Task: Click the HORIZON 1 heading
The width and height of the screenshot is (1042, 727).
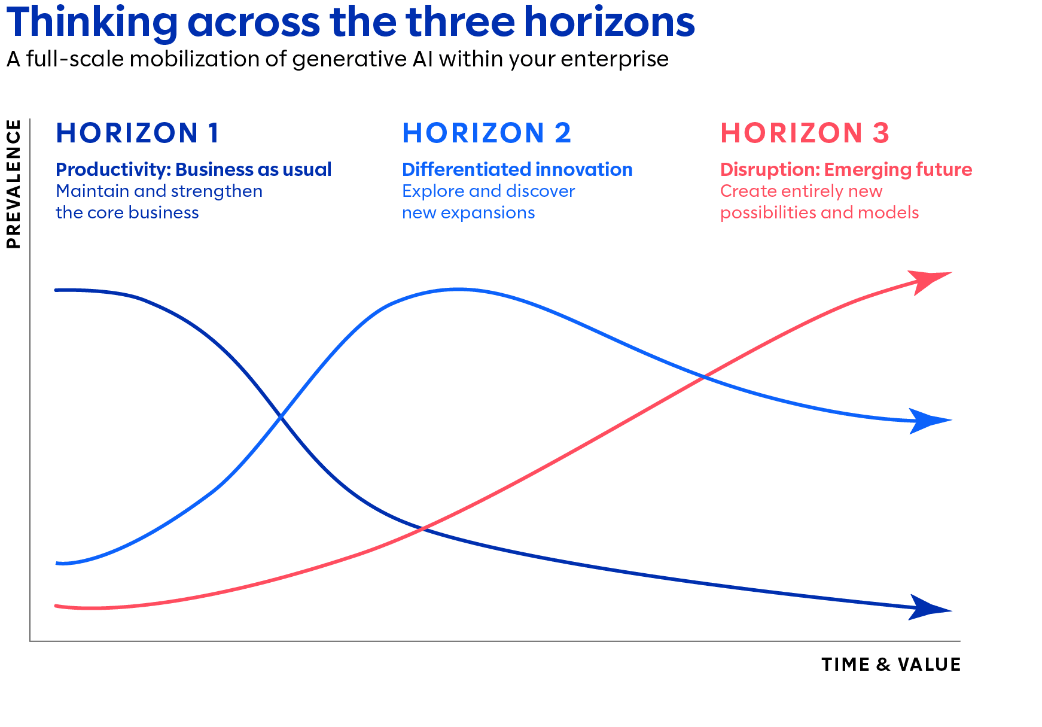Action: tap(138, 133)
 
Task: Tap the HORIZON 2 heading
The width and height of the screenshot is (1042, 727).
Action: tap(487, 133)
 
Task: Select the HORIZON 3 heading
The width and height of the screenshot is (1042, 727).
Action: tap(805, 133)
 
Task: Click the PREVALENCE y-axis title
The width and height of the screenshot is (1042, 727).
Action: tap(13, 184)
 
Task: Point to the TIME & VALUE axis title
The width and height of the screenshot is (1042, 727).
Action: tap(891, 664)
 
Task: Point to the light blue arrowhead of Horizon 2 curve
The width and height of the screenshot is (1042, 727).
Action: tap(930, 421)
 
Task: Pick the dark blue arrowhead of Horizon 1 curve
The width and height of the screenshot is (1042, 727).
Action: tap(930, 608)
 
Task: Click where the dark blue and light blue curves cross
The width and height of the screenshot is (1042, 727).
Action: tap(281, 416)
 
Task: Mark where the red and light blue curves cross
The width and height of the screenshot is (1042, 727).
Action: tap(705, 377)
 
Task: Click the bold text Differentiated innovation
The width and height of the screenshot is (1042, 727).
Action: tap(517, 169)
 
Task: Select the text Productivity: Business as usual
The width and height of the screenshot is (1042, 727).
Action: tap(194, 169)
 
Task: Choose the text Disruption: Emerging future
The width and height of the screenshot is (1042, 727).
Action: tap(846, 169)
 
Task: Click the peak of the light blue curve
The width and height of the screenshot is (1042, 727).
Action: tap(458, 290)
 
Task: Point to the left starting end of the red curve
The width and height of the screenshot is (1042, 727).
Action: tap(56, 606)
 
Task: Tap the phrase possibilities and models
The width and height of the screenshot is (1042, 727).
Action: tap(819, 212)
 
